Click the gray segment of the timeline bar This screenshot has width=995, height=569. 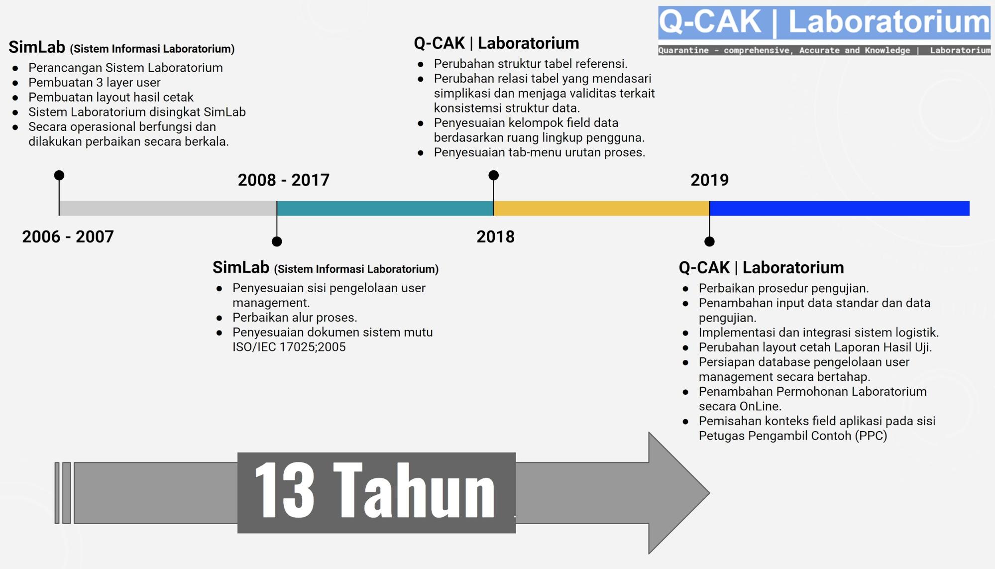(x=168, y=208)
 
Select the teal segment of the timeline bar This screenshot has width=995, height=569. (x=385, y=208)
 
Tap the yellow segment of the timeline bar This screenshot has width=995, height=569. (x=601, y=208)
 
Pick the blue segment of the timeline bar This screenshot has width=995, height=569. (x=839, y=208)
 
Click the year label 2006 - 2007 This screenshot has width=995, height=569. (x=68, y=236)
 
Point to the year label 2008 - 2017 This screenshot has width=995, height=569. (x=284, y=180)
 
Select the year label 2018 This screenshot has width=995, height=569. (x=495, y=236)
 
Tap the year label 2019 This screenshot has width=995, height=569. (x=709, y=180)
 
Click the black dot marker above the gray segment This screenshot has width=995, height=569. (x=59, y=175)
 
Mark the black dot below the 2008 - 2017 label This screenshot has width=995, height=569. (x=277, y=241)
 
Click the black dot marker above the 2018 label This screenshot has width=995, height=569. (x=494, y=175)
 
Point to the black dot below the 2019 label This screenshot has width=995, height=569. (x=709, y=241)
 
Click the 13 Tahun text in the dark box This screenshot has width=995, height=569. (x=375, y=490)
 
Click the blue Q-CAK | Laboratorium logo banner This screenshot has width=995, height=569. (x=824, y=23)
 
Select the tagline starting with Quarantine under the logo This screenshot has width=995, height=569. (x=824, y=50)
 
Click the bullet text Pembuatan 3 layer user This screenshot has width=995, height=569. (x=95, y=82)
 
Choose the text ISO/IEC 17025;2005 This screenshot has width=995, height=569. (x=289, y=347)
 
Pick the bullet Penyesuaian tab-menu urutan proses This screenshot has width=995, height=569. (x=540, y=152)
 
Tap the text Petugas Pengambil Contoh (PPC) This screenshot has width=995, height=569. (x=793, y=436)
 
